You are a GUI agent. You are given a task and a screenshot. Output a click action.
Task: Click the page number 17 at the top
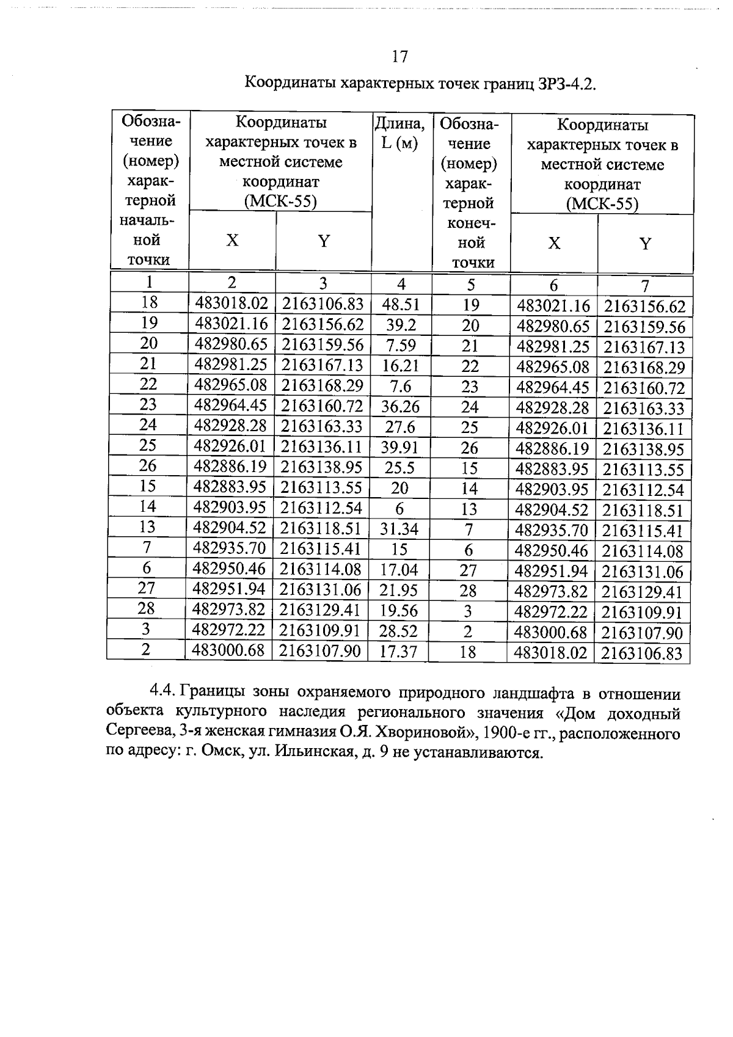pyautogui.click(x=399, y=57)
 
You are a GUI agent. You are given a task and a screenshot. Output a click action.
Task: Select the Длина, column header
pyautogui.click(x=399, y=124)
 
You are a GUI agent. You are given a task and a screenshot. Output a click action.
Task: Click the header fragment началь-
pyautogui.click(x=150, y=220)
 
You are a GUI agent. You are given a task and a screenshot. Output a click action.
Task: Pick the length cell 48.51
pyautogui.click(x=400, y=305)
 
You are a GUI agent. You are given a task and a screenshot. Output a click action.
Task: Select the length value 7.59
pyautogui.click(x=401, y=346)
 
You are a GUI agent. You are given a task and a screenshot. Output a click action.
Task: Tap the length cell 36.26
pyautogui.click(x=400, y=407)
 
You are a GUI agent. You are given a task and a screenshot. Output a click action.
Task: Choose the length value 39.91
pyautogui.click(x=399, y=448)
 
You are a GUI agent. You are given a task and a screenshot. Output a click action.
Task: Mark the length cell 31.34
pyautogui.click(x=399, y=529)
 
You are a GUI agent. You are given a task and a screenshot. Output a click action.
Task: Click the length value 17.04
pyautogui.click(x=399, y=570)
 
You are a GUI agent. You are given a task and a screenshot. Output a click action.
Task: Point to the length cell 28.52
pyautogui.click(x=398, y=631)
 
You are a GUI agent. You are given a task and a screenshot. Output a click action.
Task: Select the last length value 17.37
pyautogui.click(x=398, y=652)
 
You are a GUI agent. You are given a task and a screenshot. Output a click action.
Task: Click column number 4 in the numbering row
pyautogui.click(x=401, y=284)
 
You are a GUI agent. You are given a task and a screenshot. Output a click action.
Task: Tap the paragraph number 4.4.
pyautogui.click(x=162, y=693)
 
